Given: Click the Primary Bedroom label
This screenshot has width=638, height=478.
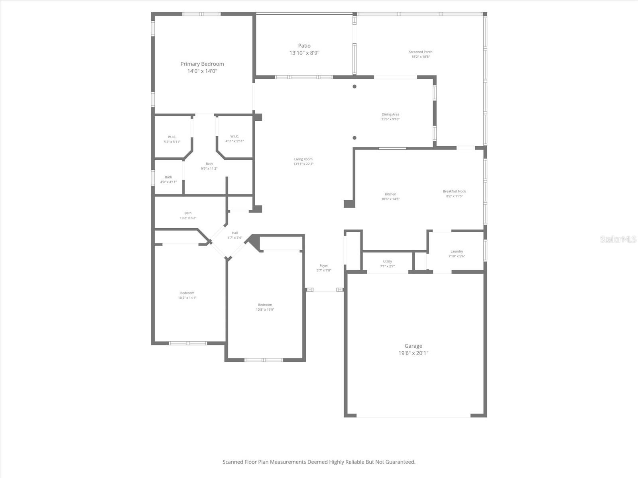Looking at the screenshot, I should (x=202, y=64).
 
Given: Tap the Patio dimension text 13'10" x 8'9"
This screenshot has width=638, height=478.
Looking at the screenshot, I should (x=304, y=53).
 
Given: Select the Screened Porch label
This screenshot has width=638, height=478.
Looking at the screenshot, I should (x=420, y=52).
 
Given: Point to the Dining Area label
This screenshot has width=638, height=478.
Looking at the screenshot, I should (x=390, y=114).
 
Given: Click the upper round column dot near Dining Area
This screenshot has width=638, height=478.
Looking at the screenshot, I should (x=354, y=86).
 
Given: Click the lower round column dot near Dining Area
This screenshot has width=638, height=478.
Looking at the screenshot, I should (x=354, y=138).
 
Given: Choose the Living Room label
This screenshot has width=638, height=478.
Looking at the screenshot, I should (x=303, y=159).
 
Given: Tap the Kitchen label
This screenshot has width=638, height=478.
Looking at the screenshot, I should (x=390, y=194).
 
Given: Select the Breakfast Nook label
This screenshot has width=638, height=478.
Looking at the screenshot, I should (x=454, y=191).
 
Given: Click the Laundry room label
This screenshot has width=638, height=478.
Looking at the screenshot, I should (x=457, y=251).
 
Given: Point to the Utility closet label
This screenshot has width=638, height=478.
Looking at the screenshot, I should (x=387, y=261).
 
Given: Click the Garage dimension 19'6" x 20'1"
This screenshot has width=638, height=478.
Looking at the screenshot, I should (x=413, y=353).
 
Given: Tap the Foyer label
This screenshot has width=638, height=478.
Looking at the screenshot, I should (x=323, y=265).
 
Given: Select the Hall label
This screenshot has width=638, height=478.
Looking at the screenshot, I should (x=234, y=233).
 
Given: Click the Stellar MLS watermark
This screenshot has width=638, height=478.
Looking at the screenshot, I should (x=618, y=239).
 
